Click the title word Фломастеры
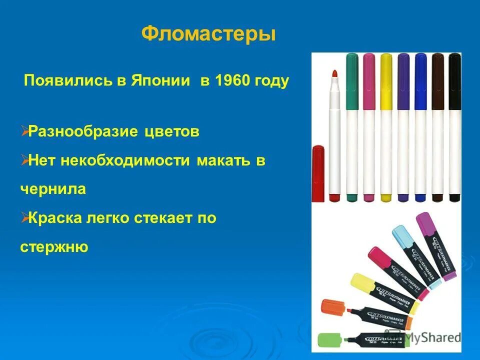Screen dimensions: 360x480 208,34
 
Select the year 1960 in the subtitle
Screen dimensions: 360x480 234,81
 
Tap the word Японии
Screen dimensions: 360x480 162,81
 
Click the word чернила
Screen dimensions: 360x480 53,189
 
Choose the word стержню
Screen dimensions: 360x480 54,246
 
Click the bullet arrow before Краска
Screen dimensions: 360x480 24,217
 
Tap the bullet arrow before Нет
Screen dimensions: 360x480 24,160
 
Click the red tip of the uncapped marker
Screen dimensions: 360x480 334,74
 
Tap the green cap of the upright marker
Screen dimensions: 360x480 352,81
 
